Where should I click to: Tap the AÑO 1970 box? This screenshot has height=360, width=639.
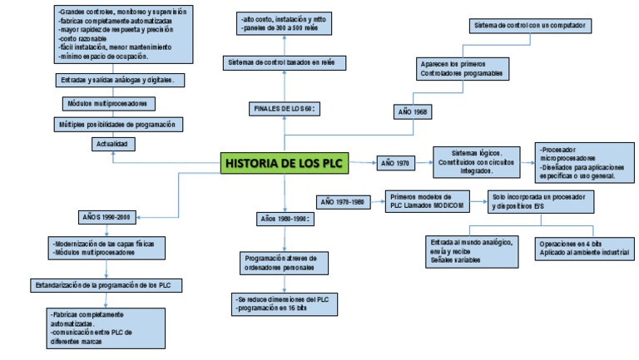(395, 164)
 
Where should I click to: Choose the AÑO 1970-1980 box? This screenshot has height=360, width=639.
(342, 202)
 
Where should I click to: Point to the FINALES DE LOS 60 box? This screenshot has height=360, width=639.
(285, 109)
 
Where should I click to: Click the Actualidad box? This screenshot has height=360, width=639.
(112, 144)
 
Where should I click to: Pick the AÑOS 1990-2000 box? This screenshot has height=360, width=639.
(106, 218)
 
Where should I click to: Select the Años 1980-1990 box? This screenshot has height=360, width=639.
(284, 219)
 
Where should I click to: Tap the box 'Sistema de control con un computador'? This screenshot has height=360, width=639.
(530, 26)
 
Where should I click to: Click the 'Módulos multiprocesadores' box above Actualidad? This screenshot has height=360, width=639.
(106, 104)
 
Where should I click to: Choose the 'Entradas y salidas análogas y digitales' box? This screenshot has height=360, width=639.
(116, 81)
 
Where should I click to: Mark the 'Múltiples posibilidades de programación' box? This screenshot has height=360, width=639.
(117, 124)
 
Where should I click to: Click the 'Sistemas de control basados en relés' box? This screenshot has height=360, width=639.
(285, 63)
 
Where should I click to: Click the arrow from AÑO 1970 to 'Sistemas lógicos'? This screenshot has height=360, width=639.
(424, 163)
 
